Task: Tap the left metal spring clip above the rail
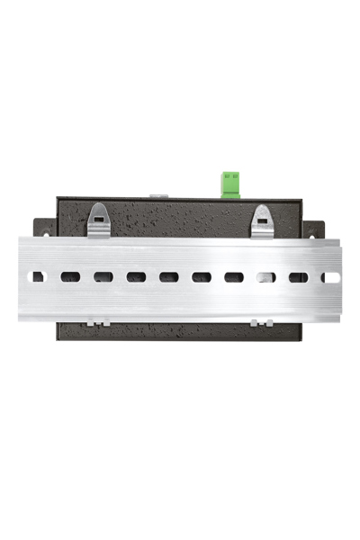(x=99, y=220)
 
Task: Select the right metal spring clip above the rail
(x=262, y=221)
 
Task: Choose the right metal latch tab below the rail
(x=261, y=322)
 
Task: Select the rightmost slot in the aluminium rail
(x=330, y=277)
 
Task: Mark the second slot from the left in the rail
(x=70, y=277)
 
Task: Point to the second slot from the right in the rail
(x=298, y=277)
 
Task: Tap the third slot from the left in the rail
(x=103, y=277)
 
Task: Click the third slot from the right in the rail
(x=265, y=277)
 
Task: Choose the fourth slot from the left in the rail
(x=136, y=277)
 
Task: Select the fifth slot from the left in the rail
(x=168, y=277)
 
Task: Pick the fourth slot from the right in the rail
(x=233, y=277)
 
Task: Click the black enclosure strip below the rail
(x=180, y=330)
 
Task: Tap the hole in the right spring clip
(x=262, y=214)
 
